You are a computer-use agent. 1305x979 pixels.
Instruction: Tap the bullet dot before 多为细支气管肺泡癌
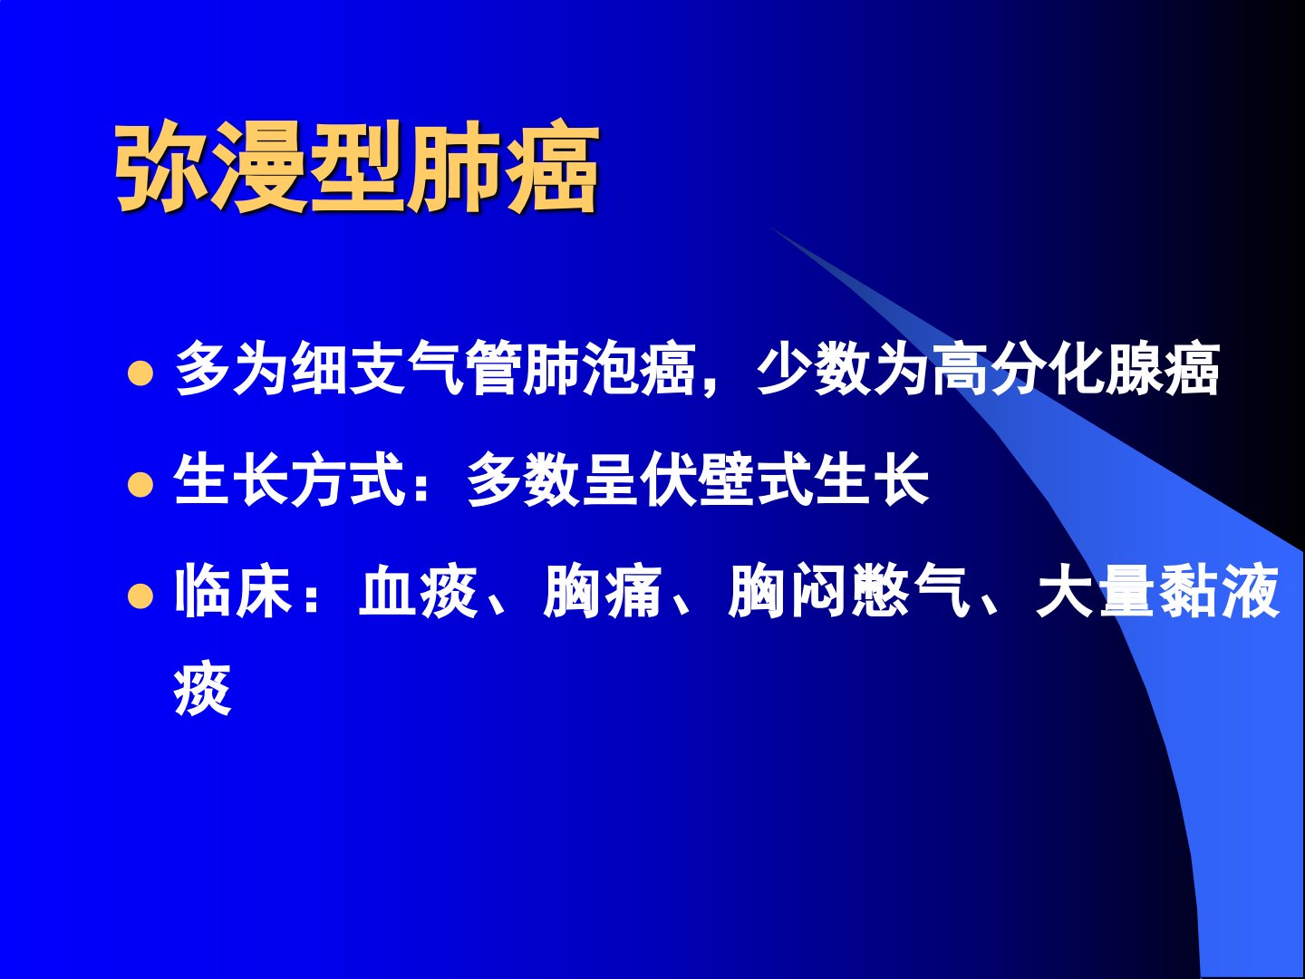(140, 373)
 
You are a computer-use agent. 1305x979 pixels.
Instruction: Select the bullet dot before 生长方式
(140, 484)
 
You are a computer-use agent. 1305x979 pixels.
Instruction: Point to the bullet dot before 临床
(140, 596)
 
